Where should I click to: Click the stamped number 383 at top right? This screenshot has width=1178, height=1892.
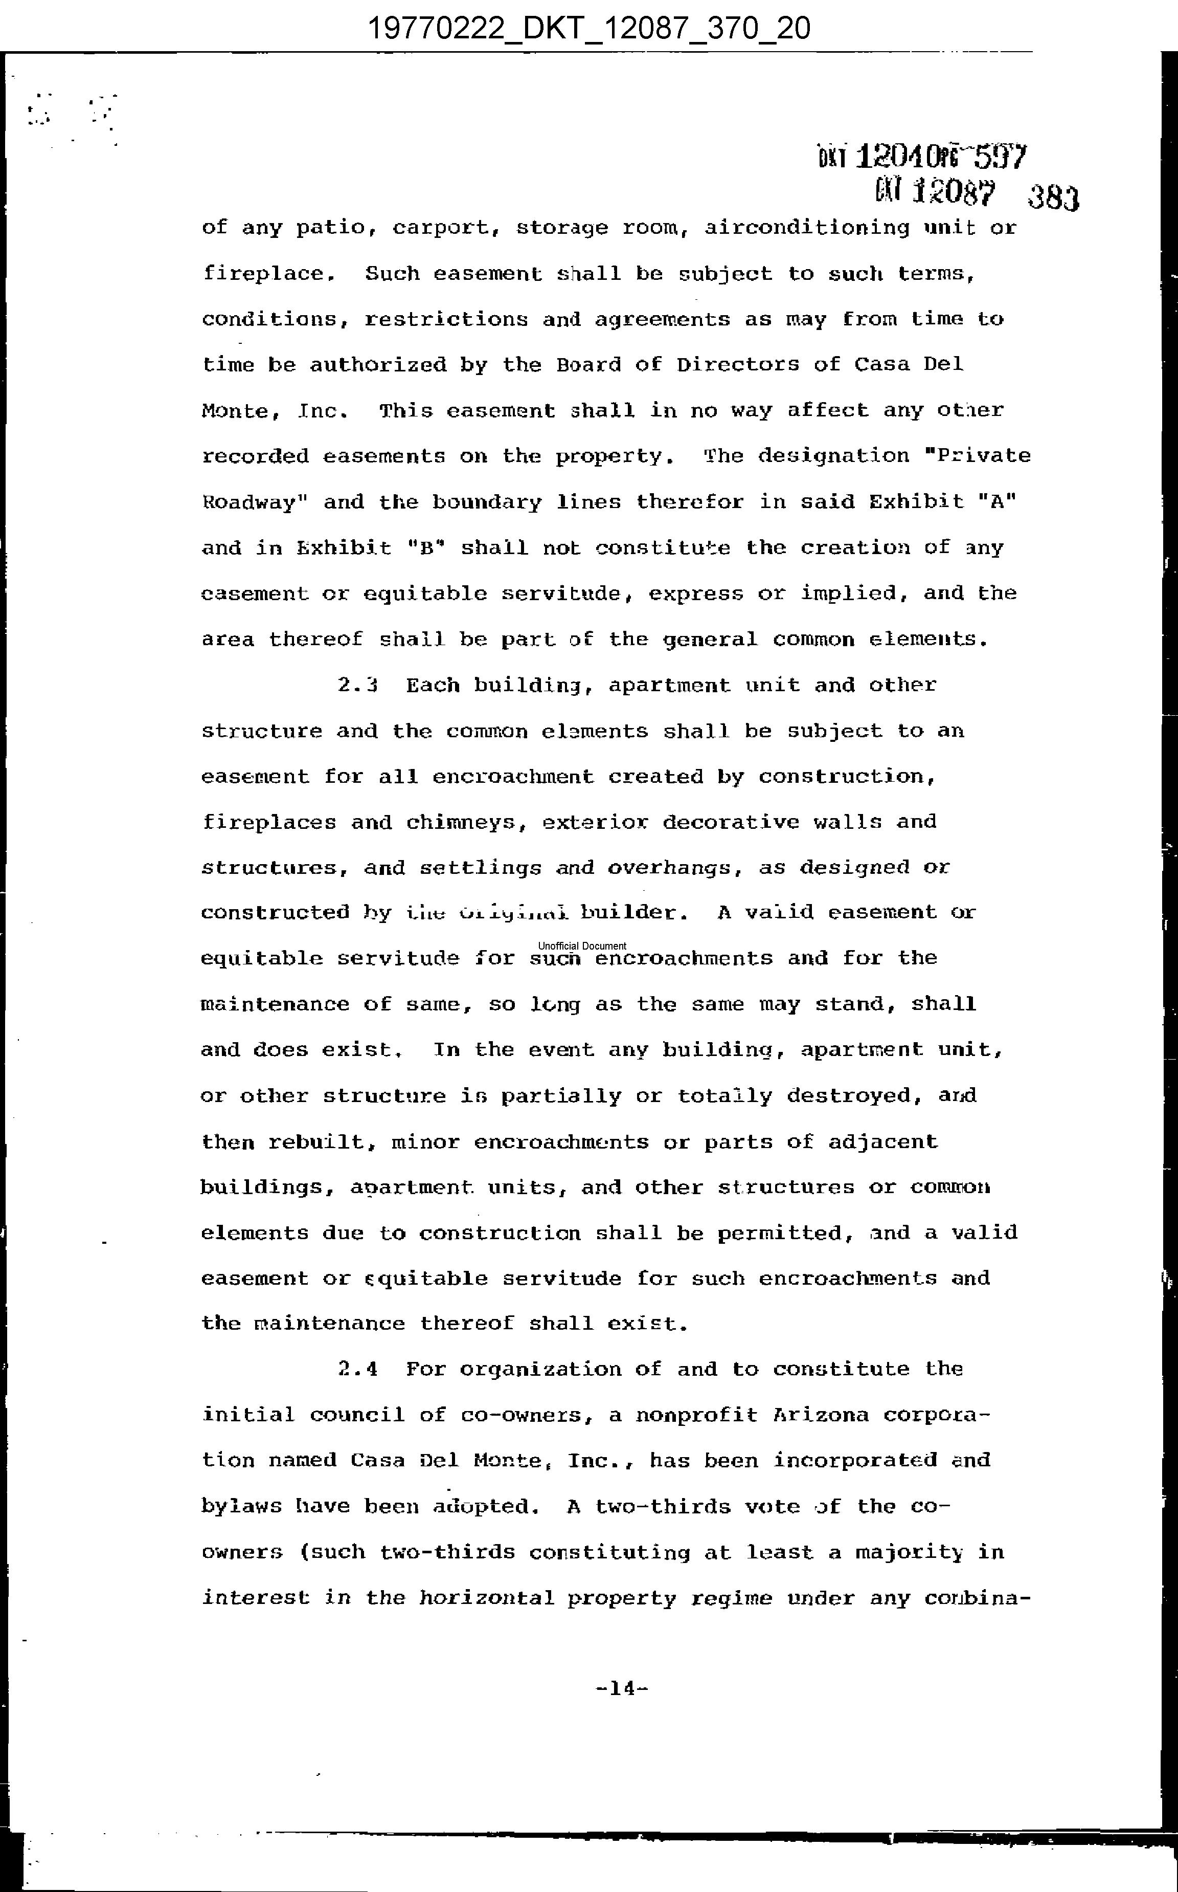[1053, 199]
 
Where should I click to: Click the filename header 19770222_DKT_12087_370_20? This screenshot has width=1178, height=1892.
[588, 29]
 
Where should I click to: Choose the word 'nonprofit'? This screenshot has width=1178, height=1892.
[696, 1415]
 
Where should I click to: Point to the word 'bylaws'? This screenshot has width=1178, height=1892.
[241, 1507]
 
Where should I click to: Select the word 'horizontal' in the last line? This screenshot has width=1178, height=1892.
[486, 1598]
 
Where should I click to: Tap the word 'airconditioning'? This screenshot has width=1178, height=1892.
[806, 228]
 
